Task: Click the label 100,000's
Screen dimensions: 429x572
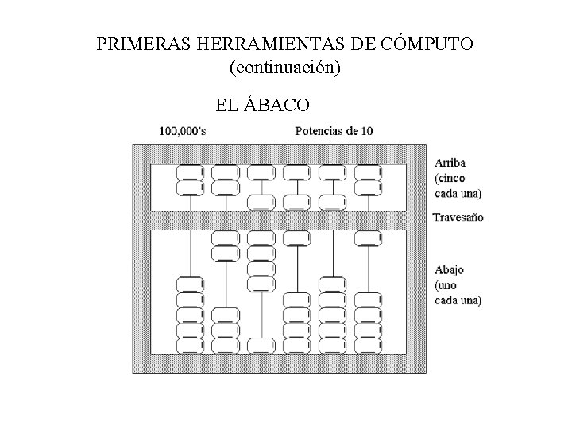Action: click(x=183, y=131)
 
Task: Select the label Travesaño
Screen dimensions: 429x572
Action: click(x=458, y=216)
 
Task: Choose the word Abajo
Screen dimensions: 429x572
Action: click(x=449, y=270)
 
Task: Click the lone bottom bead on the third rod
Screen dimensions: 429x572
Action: click(x=261, y=345)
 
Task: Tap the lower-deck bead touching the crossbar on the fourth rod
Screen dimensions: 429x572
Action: click(x=297, y=237)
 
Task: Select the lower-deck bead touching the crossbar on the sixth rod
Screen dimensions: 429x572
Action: click(x=368, y=237)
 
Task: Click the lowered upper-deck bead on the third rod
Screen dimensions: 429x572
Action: click(x=261, y=200)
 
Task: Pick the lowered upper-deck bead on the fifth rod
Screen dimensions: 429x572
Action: click(x=332, y=200)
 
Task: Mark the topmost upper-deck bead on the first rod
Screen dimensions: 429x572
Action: click(x=191, y=172)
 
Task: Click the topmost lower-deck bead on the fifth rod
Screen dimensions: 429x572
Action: click(x=332, y=284)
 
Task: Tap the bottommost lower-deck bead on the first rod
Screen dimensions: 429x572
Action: click(x=191, y=345)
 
